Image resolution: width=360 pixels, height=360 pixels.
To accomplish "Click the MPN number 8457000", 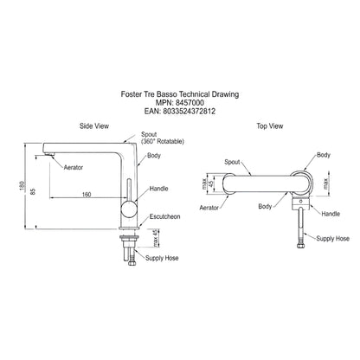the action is [x=190, y=103].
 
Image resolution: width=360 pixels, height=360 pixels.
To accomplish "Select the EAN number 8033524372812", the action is [x=189, y=112].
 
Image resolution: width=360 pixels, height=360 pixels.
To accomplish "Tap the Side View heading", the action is [x=94, y=126].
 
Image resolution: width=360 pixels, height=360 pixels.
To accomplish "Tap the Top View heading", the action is [x=270, y=126].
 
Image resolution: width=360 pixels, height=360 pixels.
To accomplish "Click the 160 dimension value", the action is [x=87, y=194].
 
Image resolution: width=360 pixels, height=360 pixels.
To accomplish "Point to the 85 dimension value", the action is [x=33, y=191].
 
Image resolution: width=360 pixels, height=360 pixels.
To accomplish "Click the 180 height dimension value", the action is [x=22, y=185].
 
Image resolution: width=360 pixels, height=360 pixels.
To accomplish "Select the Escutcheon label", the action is [x=164, y=216].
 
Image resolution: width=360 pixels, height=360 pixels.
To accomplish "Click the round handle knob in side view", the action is [x=129, y=209].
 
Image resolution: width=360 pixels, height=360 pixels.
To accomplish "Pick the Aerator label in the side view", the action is [x=74, y=167].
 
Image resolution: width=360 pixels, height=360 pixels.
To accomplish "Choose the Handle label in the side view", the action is [x=158, y=189].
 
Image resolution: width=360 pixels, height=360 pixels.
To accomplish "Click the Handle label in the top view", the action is [x=331, y=214].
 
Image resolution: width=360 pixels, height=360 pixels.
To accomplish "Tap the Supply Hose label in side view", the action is [x=162, y=258].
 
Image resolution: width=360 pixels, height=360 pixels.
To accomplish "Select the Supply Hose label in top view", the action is [x=332, y=239].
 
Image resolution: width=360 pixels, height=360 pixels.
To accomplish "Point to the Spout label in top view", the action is [x=232, y=162].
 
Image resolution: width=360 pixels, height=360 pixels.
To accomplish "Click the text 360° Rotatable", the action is [x=163, y=142].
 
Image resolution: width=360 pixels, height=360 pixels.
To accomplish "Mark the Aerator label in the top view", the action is [x=209, y=208].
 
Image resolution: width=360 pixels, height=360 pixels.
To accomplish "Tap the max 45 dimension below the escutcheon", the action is [x=156, y=238].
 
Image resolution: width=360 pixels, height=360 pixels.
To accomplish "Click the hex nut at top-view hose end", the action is [x=300, y=246].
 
